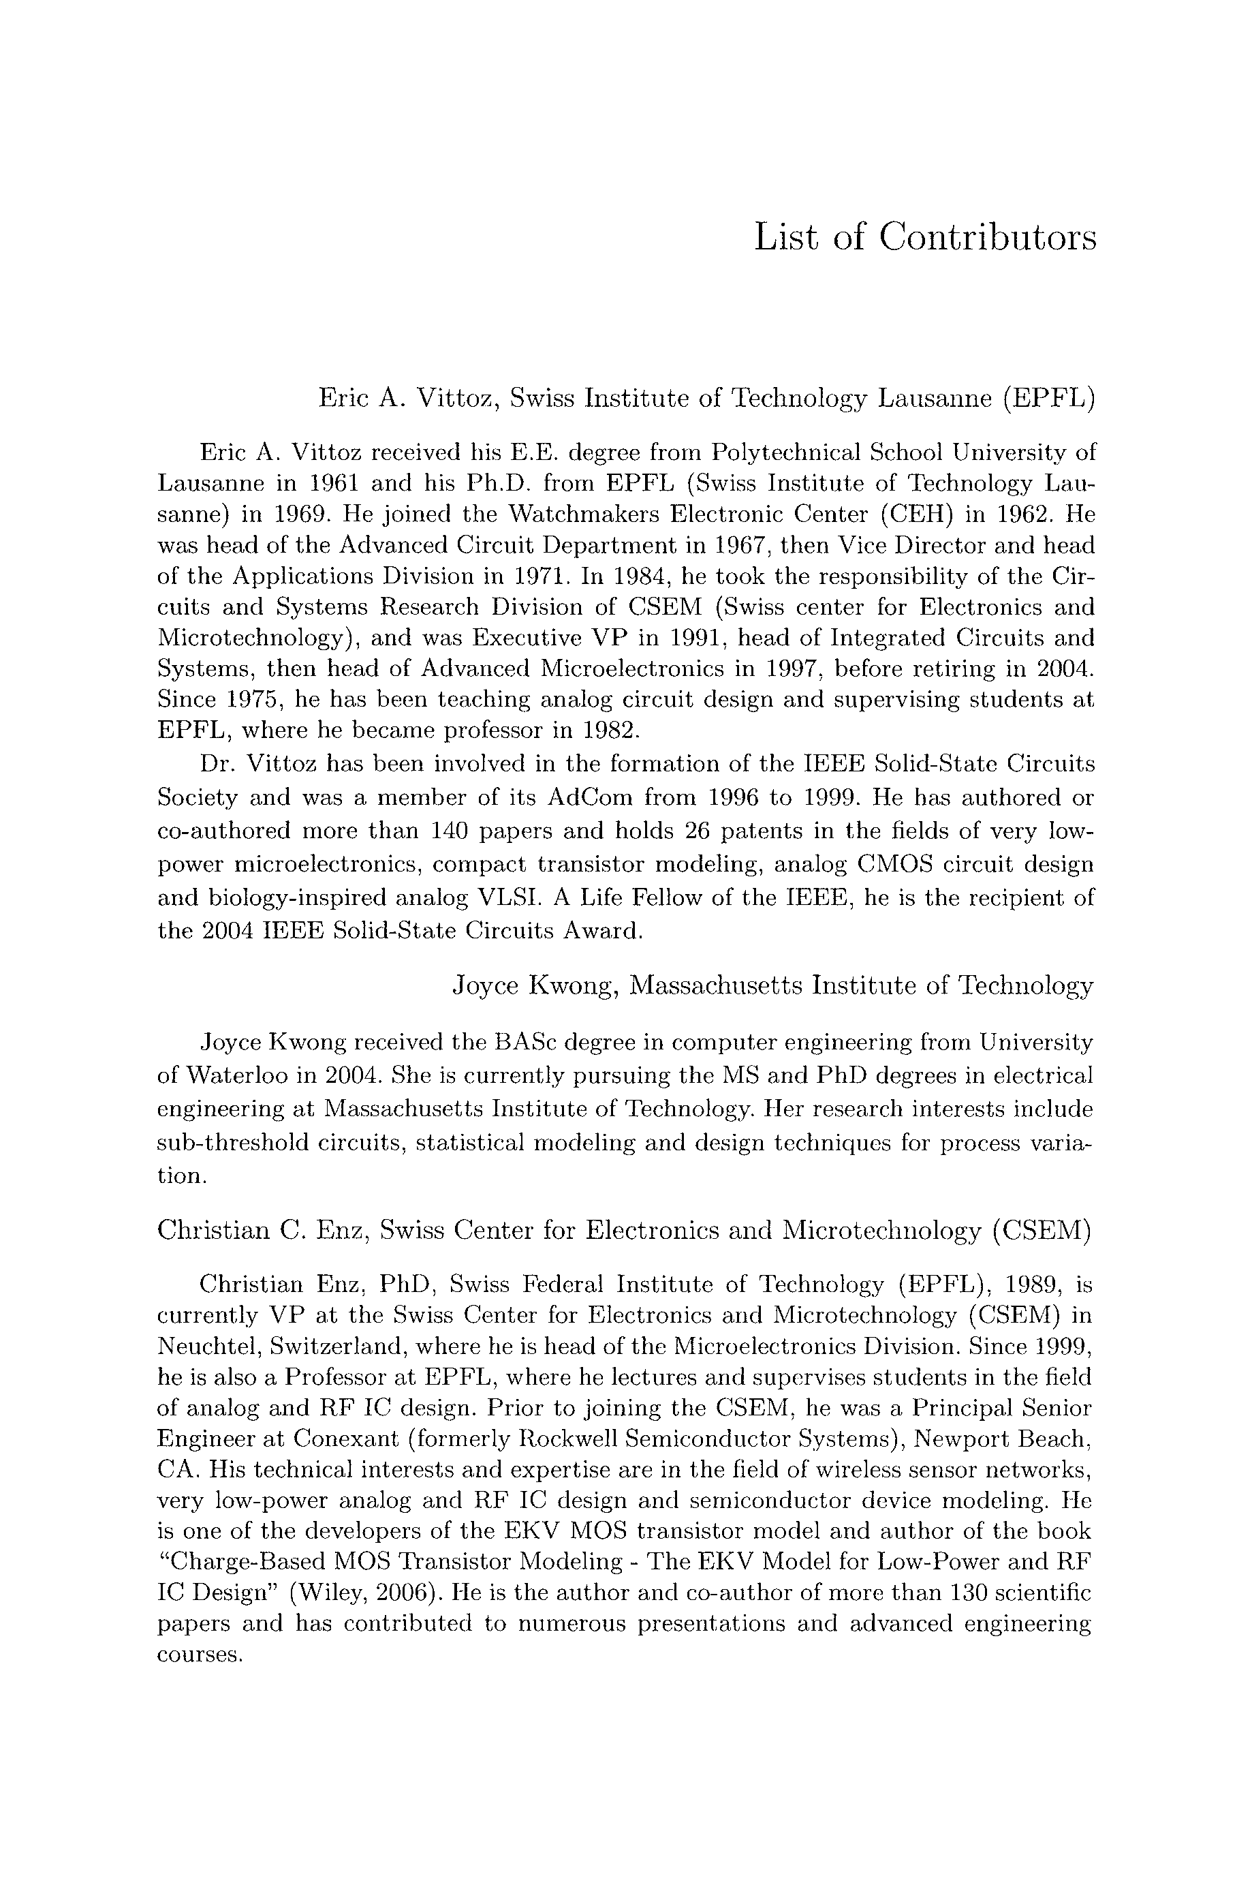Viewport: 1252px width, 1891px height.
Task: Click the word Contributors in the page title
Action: pyautogui.click(x=988, y=238)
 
